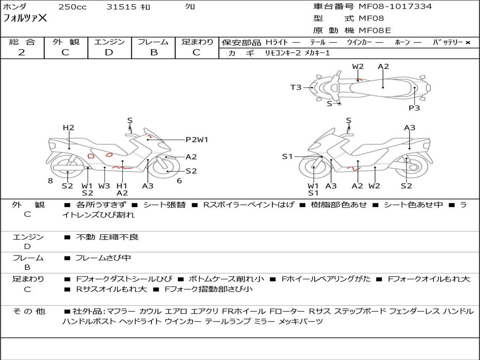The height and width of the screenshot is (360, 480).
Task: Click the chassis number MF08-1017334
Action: coord(395,6)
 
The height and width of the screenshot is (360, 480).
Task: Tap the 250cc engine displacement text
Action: coord(72,7)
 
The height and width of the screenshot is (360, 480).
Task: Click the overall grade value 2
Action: coord(22,52)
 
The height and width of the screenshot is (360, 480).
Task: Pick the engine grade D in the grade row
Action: coord(109,52)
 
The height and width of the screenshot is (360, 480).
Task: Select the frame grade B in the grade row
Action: coord(154,52)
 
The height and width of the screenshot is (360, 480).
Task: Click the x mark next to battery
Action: coord(468,43)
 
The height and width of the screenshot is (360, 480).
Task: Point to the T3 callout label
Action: coord(296,88)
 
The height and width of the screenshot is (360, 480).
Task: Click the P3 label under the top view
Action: coord(414,108)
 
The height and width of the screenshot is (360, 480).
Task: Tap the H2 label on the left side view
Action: coord(68,127)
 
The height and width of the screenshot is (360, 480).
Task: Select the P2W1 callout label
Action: coord(197,140)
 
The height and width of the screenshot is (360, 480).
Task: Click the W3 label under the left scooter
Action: coord(104,186)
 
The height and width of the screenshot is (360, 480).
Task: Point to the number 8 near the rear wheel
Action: coord(51,181)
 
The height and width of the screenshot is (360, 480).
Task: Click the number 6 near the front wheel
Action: coord(180,181)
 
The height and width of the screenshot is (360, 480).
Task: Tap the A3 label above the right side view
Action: coord(410,127)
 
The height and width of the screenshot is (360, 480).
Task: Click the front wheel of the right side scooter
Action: coord(314,168)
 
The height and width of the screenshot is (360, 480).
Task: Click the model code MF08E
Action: coord(375,30)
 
